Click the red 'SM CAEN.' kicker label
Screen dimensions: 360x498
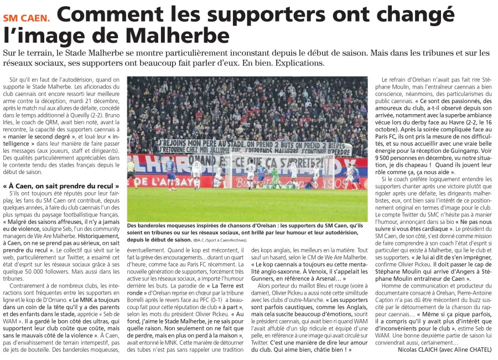coord(26,17)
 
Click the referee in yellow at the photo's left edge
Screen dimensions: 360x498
coord(131,169)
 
